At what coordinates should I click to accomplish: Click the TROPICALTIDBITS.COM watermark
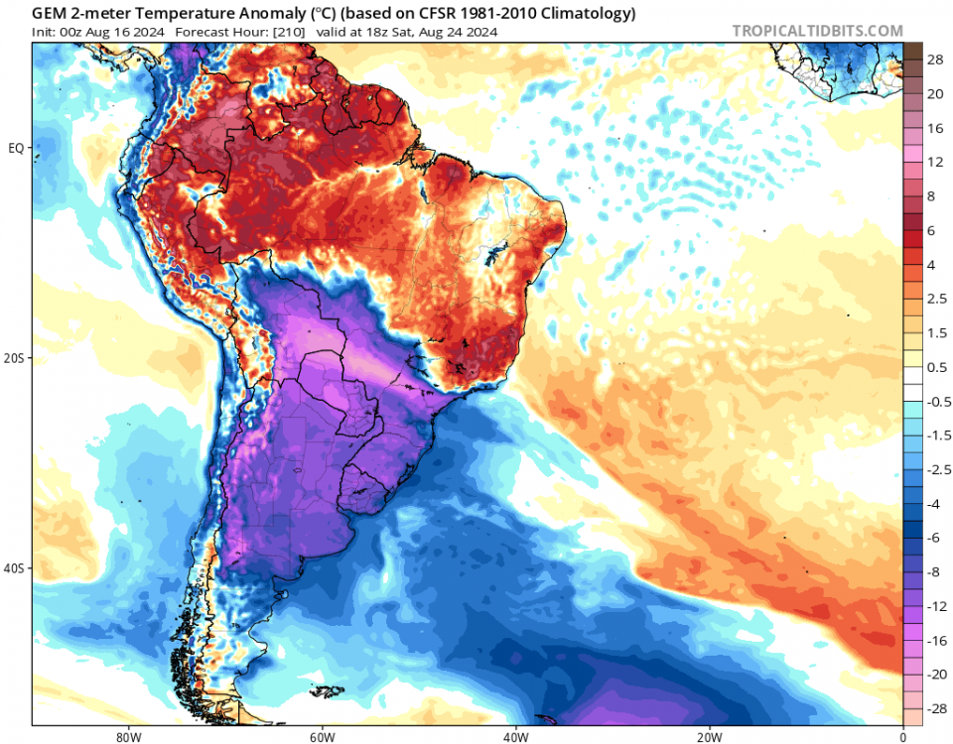point(817,31)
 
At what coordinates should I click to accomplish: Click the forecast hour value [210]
point(282,32)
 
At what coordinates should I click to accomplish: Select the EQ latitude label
point(16,149)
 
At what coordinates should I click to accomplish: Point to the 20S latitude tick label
point(15,358)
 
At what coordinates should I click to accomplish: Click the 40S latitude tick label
point(15,568)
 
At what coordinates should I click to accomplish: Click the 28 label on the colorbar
point(935,61)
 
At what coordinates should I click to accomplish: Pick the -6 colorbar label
point(934,537)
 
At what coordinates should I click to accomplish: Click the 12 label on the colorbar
point(935,162)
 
